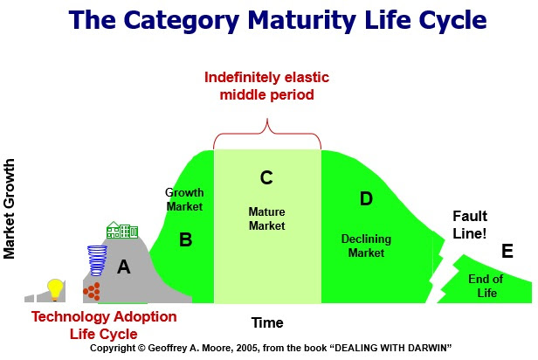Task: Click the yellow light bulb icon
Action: tap(56, 287)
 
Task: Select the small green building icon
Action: tap(122, 231)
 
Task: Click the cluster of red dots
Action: tap(92, 290)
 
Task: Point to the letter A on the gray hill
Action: tap(123, 268)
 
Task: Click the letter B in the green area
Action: tap(185, 239)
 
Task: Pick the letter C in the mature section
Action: tap(267, 177)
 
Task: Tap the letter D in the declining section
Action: tap(366, 198)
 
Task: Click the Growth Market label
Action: tap(183, 199)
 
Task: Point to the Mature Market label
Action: tap(267, 218)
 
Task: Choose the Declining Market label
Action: tap(366, 246)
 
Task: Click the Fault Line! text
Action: tap(470, 225)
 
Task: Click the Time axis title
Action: tap(267, 322)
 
